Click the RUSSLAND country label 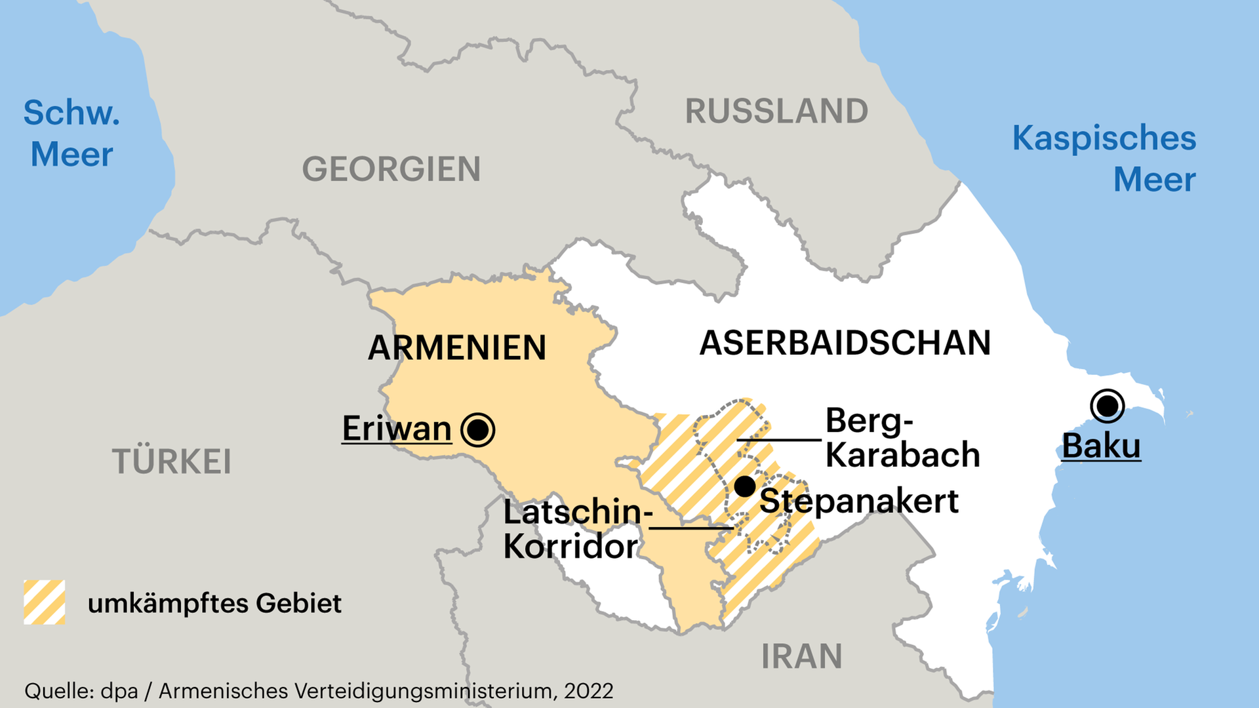(776, 111)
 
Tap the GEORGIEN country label (391, 169)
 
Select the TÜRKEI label (172, 462)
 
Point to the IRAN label (801, 656)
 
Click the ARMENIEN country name (457, 347)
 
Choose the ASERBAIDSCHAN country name (845, 343)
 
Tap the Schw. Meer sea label (71, 134)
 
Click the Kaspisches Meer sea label (1104, 159)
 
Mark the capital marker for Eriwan (477, 430)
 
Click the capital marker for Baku (1108, 406)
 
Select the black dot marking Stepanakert (744, 486)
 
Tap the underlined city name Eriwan (397, 429)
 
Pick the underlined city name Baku (1101, 446)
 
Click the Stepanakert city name (858, 501)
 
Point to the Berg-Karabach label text (902, 438)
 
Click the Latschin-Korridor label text (572, 529)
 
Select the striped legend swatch (45, 602)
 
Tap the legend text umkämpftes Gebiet (214, 603)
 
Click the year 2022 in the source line (588, 691)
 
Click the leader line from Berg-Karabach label (779, 439)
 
